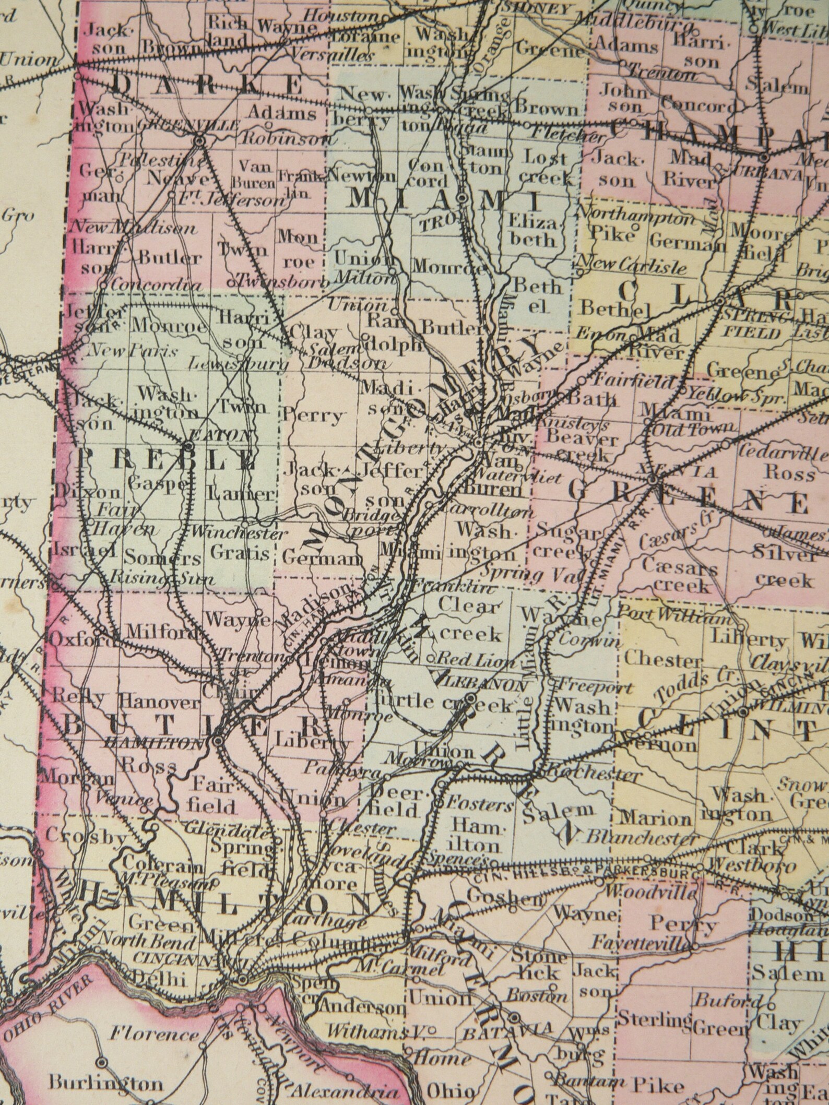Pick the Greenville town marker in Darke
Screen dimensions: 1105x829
click(199, 140)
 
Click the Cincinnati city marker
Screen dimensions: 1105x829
click(242, 979)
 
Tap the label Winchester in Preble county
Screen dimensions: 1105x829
click(239, 533)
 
